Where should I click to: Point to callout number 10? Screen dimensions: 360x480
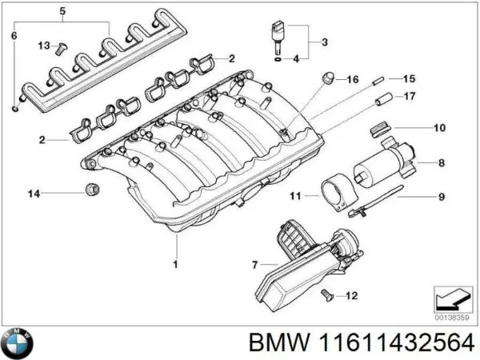439,128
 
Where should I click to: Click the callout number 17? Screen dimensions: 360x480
409,98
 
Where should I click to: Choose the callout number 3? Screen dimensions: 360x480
324,41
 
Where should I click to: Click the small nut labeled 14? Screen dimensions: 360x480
91,190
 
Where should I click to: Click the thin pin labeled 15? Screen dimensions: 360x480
379,78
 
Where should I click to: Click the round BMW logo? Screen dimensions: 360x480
18,344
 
